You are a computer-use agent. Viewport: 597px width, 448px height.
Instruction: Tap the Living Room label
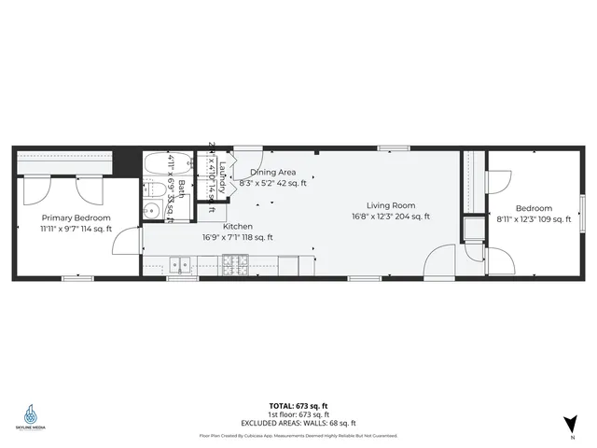tap(390, 205)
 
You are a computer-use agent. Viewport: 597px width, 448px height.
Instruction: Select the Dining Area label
tap(272, 172)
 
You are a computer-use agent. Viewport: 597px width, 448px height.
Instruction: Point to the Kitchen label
tap(237, 226)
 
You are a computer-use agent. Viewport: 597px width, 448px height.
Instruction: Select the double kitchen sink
tap(180, 266)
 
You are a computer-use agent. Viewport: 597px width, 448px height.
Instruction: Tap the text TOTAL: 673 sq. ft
tap(298, 405)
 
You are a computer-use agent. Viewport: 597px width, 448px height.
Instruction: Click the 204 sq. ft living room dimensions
tap(390, 217)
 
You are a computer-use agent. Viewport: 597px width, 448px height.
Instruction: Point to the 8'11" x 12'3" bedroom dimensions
tap(533, 219)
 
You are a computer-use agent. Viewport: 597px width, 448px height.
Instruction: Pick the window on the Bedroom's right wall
tap(581, 205)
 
